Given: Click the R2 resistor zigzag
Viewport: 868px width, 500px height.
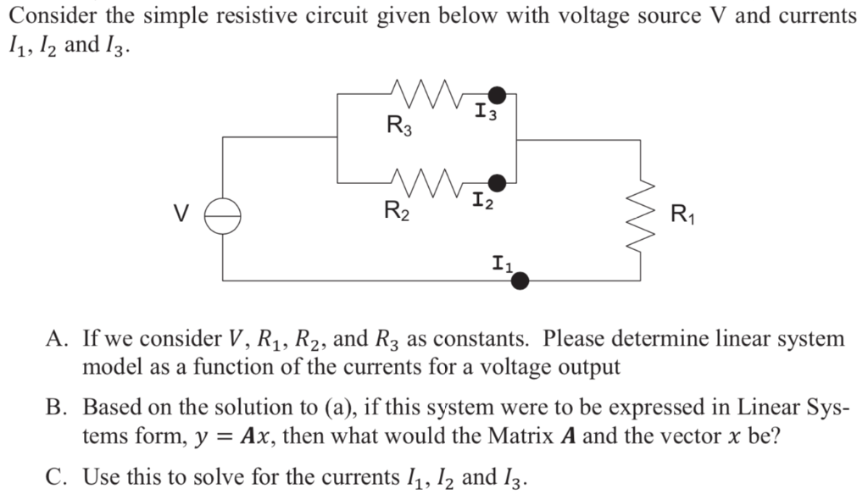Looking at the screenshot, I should [421, 181].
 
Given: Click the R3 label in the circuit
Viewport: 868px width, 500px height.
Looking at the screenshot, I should [399, 127].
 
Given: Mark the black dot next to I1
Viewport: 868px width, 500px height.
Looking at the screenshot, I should [521, 279].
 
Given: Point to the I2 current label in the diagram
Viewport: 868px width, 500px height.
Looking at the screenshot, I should [484, 203].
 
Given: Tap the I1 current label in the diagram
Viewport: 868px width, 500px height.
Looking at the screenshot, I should [501, 264].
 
